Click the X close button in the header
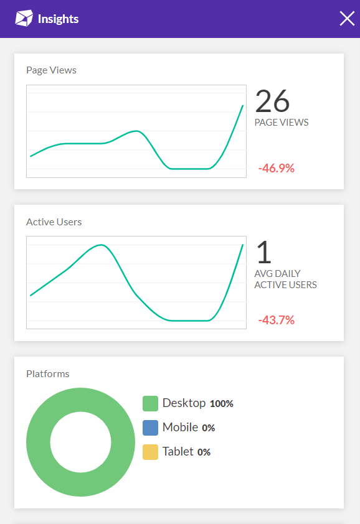347,19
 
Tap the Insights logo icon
24,19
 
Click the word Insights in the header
58,19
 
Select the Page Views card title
51,70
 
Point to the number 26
272,101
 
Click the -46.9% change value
276,168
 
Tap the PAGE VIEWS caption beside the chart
282,123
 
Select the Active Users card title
54,222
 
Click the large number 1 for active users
264,253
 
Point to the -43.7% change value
276,320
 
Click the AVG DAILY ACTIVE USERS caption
285,279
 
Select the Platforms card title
47,374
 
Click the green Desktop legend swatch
150,404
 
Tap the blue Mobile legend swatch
150,428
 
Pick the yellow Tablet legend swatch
150,452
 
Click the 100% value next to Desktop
221,404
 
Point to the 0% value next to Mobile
208,428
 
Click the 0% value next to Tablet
204,452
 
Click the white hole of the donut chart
80,442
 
